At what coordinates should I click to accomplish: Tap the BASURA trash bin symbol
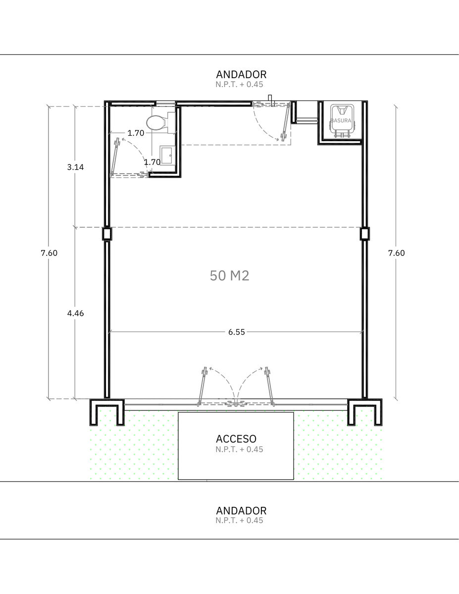342,120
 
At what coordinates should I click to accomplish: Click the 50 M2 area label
229,276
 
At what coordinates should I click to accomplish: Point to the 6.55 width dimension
237,332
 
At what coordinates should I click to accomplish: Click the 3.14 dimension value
75,167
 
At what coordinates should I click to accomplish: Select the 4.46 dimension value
75,313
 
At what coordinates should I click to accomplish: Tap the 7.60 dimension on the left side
49,253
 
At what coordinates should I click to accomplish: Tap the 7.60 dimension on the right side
397,253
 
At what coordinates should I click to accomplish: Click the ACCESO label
236,439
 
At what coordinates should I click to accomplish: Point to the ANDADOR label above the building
241,75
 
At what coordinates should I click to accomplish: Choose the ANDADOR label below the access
241,511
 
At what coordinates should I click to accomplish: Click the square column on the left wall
107,234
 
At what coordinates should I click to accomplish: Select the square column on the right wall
364,234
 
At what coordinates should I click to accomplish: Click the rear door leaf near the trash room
286,122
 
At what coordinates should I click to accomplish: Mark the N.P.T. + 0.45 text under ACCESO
239,449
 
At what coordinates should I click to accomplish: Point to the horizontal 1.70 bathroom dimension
136,133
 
